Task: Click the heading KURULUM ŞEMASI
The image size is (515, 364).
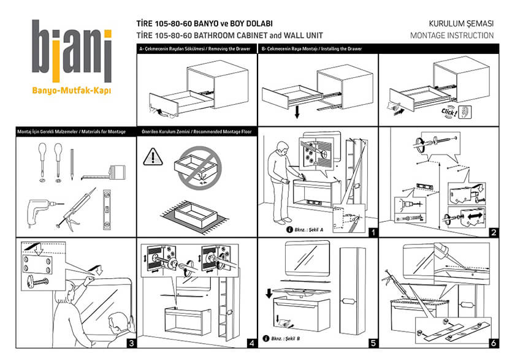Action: pos(462,24)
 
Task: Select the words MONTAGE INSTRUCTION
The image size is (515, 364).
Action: pos(452,36)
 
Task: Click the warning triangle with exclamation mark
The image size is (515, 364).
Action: pos(151,157)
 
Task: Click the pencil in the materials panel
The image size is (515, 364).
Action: pos(72,165)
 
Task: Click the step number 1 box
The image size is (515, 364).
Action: pos(372,232)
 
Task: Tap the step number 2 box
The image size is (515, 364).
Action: pos(493,232)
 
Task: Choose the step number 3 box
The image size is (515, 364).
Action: pos(130,343)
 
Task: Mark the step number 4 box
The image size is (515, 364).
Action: pos(251,343)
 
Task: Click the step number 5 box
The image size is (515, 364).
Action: pos(372,343)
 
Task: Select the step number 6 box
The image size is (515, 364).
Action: pos(493,343)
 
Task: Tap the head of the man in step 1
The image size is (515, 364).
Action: pos(280,148)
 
